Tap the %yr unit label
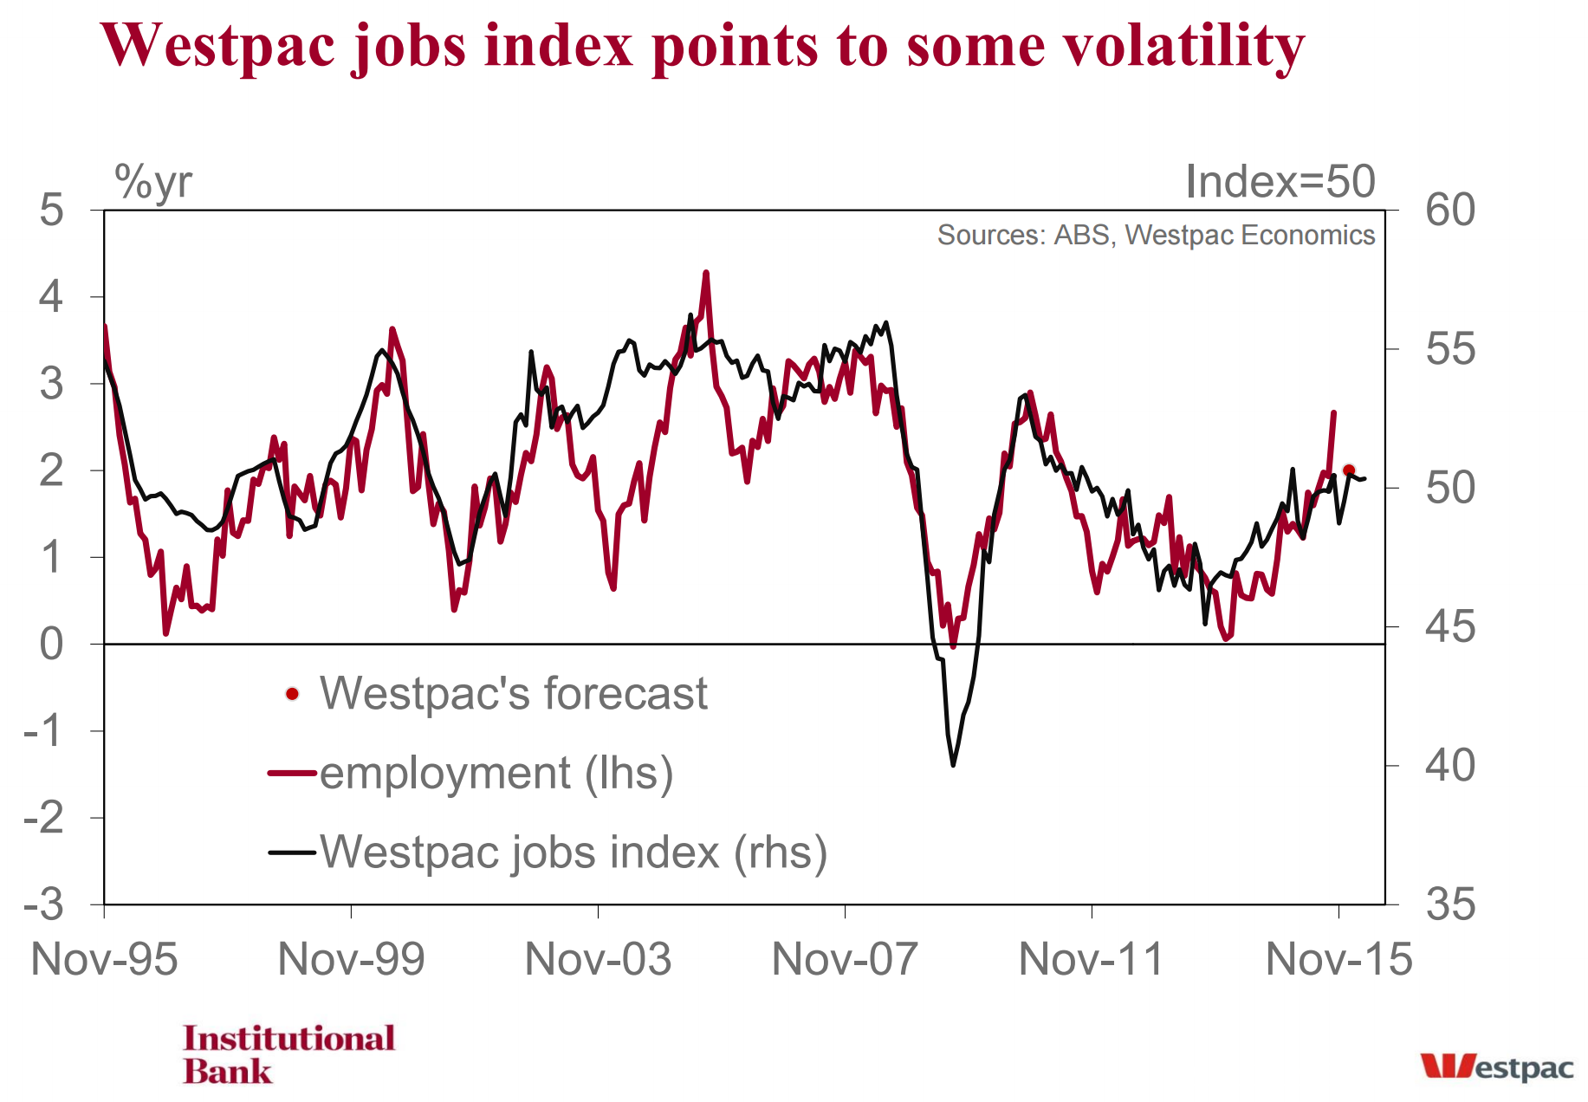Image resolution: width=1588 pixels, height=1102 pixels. pos(153,182)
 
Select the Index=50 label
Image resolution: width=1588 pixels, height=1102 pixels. pos(1280,182)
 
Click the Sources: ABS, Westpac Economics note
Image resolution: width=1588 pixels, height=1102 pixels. pos(1156,235)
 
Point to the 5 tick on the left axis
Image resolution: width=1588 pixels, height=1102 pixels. pos(52,211)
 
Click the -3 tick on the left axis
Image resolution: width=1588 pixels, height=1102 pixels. pos(44,905)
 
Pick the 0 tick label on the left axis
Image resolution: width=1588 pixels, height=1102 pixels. pos(52,645)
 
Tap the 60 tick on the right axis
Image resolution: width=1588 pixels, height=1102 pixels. pos(1450,211)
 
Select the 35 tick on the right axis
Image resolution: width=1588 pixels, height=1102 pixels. pos(1450,905)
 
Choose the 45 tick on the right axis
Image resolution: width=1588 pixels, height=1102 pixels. pos(1450,627)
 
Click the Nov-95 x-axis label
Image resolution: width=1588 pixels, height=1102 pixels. pos(104,960)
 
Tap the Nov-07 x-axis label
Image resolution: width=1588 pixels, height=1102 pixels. pos(845,960)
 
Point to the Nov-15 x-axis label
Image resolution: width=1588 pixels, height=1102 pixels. pos(1338,960)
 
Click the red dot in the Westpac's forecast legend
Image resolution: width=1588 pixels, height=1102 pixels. pos(292,694)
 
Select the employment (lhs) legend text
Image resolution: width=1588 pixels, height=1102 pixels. pos(496,773)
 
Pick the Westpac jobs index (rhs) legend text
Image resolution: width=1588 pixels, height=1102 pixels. pos(574,852)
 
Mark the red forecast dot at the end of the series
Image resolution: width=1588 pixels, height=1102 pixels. pos(1348,470)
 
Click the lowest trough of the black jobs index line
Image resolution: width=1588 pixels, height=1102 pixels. pos(953,765)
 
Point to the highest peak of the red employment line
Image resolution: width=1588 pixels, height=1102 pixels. pos(706,273)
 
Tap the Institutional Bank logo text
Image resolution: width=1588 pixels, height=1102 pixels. pos(288,1054)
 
